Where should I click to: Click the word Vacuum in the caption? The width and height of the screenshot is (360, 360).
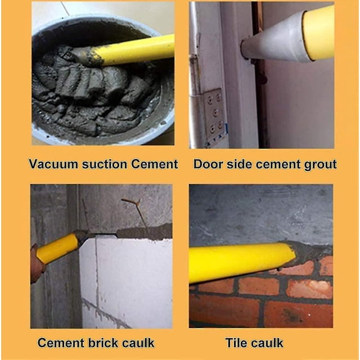[53, 164]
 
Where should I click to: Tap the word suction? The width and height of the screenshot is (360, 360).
[105, 164]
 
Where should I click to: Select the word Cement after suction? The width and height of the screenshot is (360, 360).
[155, 164]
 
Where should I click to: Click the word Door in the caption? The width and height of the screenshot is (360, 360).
[208, 164]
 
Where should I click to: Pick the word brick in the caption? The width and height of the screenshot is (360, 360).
[103, 343]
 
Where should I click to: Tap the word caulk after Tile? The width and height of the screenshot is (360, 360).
[267, 343]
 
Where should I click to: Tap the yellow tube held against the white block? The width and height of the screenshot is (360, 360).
[58, 249]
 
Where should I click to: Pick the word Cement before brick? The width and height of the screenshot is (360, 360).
[61, 343]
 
